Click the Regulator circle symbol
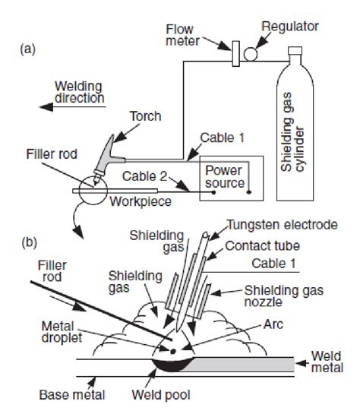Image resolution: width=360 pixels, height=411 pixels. coord(251,54)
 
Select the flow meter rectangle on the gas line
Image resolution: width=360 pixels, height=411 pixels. coord(235,54)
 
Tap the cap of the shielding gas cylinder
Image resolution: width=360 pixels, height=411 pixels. coord(295,51)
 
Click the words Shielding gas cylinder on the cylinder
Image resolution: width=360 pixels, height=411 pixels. coord(292,132)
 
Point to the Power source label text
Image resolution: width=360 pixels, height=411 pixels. coord(225,177)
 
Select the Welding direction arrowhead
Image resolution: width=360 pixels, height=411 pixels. coord(46,107)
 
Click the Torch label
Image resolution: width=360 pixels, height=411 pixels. coord(146,116)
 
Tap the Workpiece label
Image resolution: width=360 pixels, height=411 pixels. coord(141,202)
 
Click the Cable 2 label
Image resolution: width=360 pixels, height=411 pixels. coord(144,176)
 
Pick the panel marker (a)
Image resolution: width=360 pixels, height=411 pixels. coord(28,49)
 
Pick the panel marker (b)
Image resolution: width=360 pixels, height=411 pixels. coord(29,242)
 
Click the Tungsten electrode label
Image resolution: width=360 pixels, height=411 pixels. coord(283,225)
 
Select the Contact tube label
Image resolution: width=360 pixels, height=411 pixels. coord(263,246)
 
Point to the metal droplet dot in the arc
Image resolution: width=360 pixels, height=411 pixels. coord(172,351)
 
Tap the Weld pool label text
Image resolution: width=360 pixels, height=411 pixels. coord(161,395)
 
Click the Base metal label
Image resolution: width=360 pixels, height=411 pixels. coord(72,395)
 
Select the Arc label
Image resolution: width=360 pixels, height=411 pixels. coord(273,324)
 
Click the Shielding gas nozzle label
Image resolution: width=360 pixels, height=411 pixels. coord(284,296)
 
